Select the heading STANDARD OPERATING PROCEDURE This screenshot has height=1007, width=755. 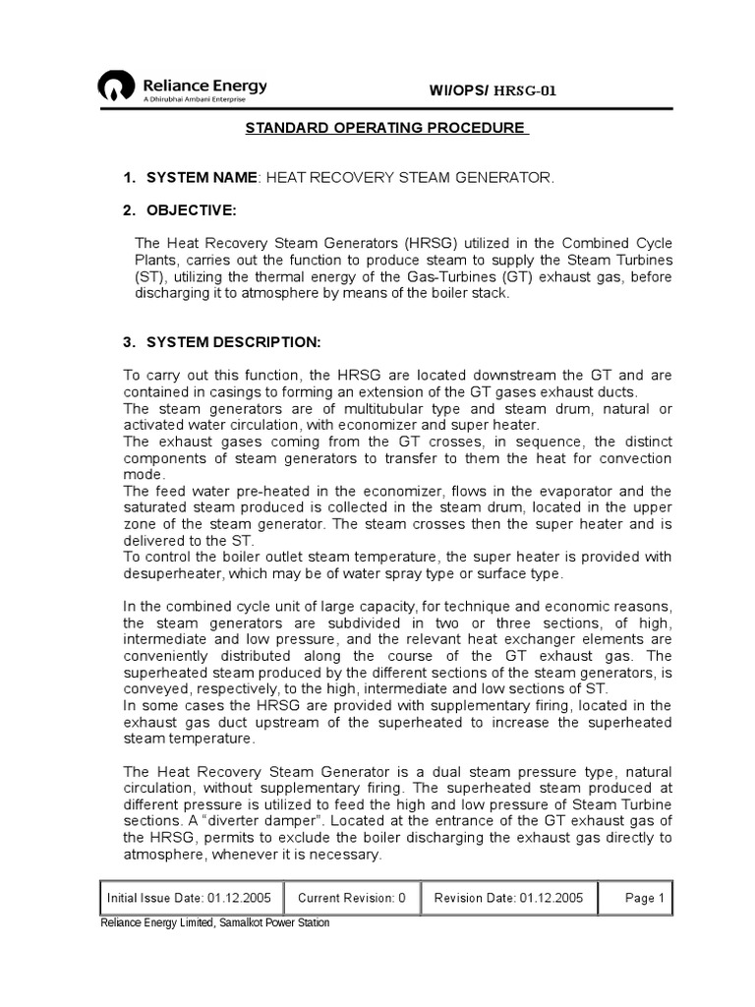click(x=385, y=129)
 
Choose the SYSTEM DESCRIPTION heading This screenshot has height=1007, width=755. click(x=233, y=341)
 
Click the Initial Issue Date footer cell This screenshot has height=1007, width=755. click(x=193, y=897)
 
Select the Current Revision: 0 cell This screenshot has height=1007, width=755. click(x=351, y=897)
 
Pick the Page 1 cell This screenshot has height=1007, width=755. click(x=645, y=897)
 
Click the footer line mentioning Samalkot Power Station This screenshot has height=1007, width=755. click(x=215, y=922)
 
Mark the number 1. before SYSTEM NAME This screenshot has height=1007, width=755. click(x=129, y=177)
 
